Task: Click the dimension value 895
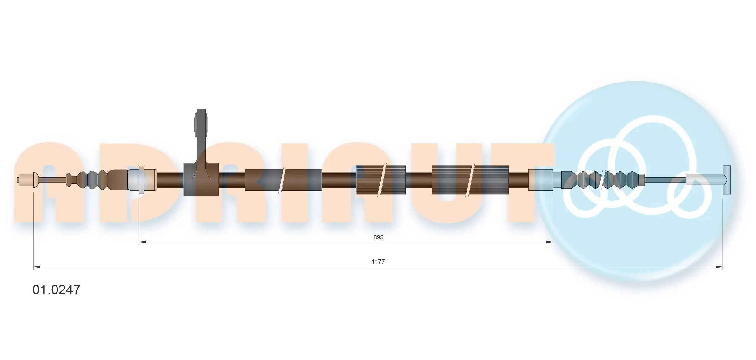tap(378, 237)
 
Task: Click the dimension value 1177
tap(378, 262)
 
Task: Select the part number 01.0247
tap(57, 290)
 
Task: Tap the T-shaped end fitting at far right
tap(726, 180)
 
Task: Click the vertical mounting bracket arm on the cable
tap(201, 133)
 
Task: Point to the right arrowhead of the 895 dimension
tap(549, 242)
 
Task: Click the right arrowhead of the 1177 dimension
tap(719, 267)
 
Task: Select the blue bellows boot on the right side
tap(602, 180)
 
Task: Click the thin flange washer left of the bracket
tap(141, 180)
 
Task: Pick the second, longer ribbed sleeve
tap(470, 180)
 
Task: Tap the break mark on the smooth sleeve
tap(282, 180)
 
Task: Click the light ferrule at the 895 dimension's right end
tap(541, 180)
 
